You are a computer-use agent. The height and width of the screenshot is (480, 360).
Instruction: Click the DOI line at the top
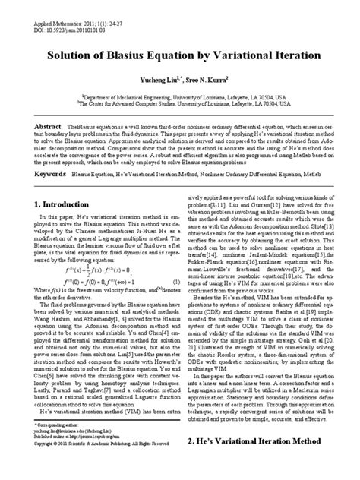point(45,12)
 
